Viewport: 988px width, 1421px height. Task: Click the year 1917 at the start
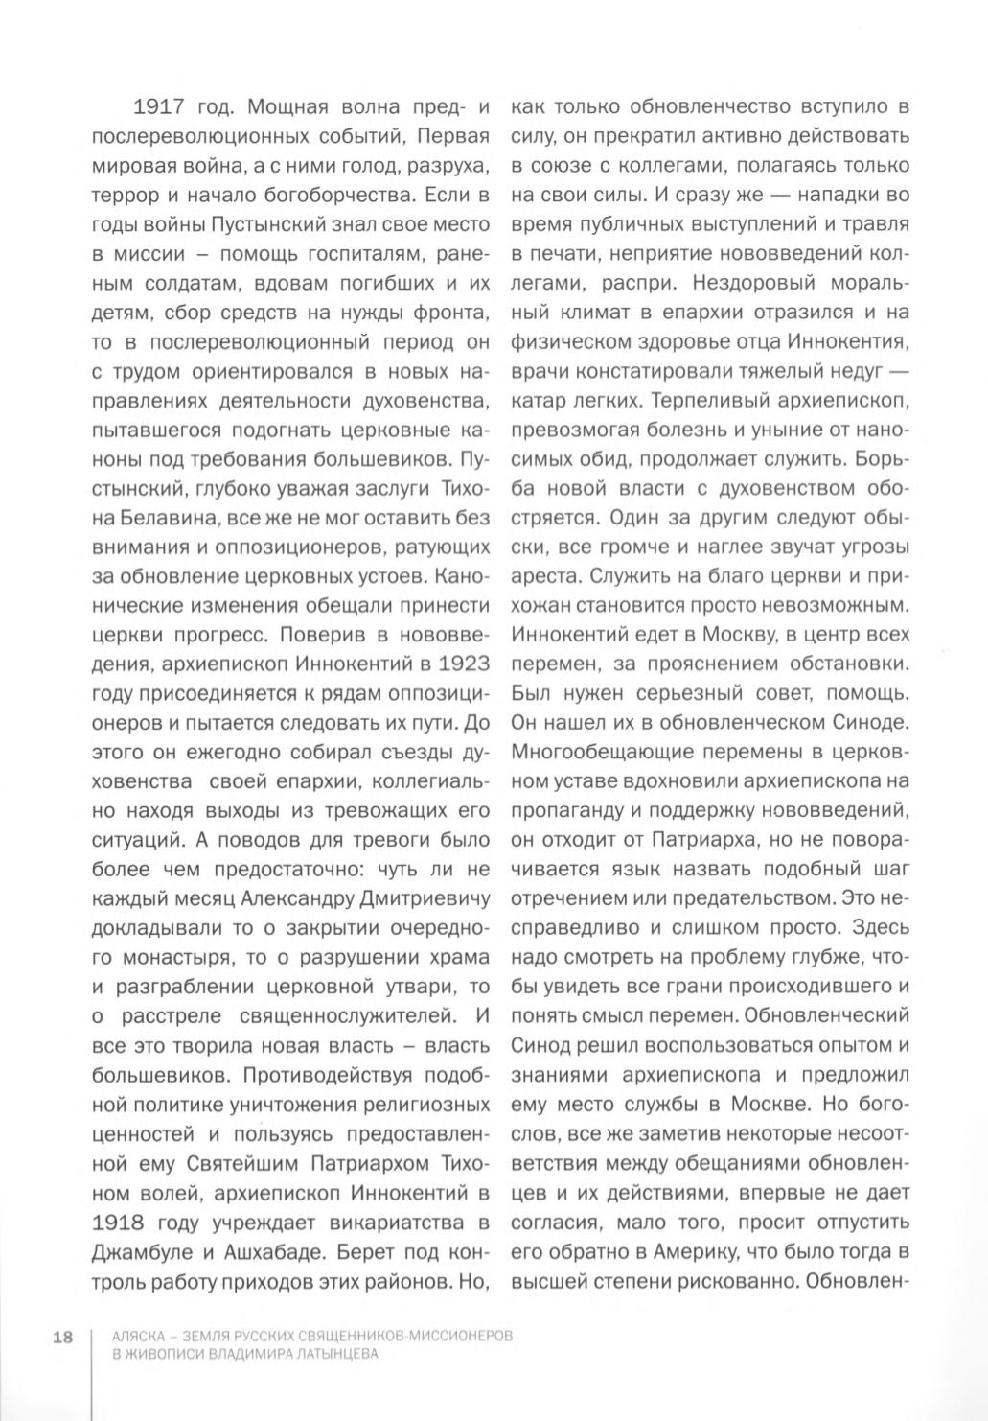[153, 106]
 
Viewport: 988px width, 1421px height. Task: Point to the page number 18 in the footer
[63, 1338]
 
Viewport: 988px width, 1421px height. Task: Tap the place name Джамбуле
[142, 1252]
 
